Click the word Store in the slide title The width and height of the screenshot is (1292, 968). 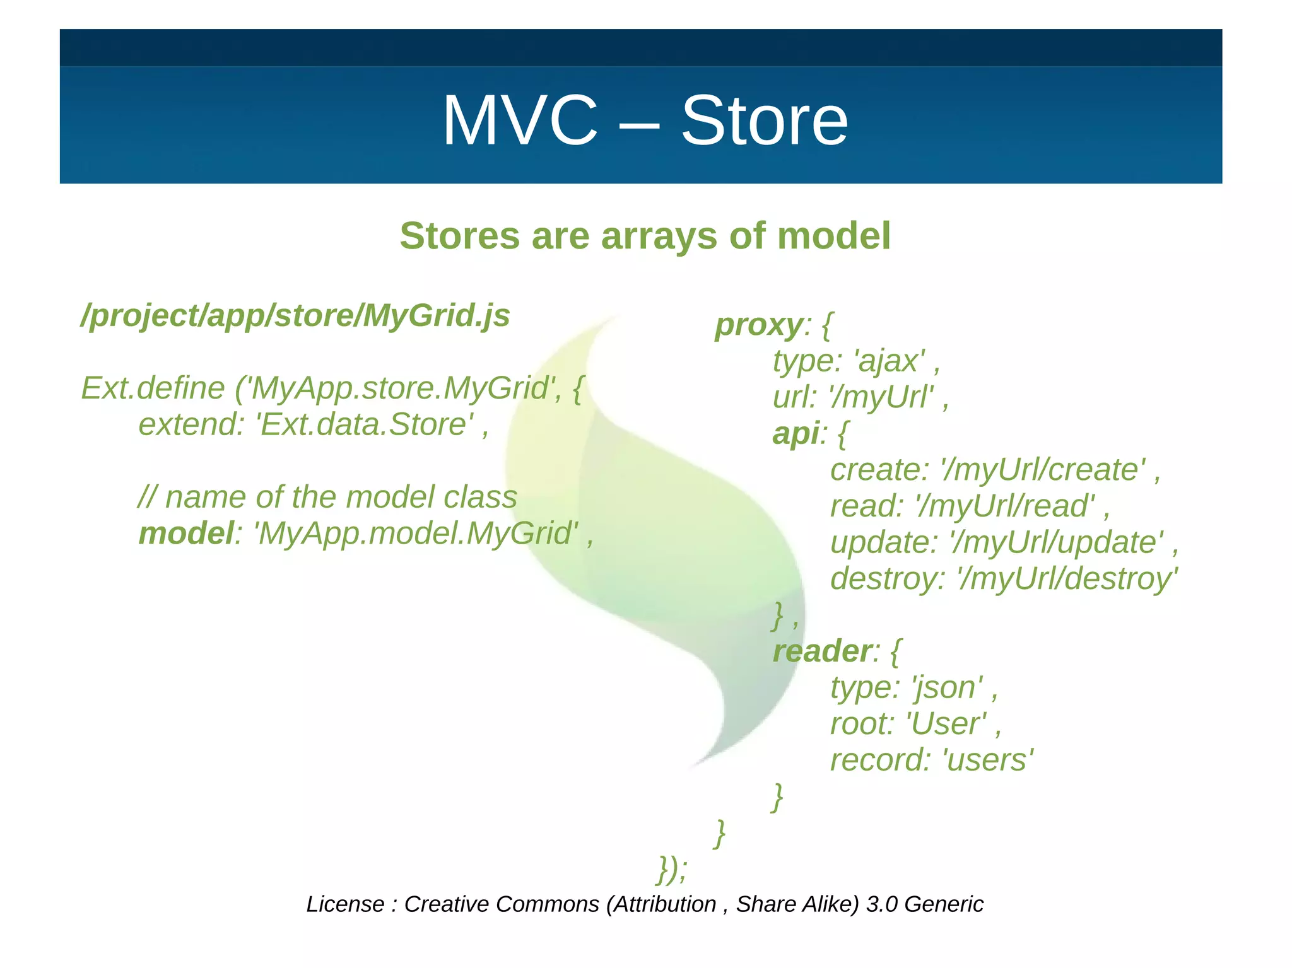[764, 121]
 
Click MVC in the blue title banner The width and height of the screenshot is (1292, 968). [520, 121]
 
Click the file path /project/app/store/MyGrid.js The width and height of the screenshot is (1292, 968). [295, 315]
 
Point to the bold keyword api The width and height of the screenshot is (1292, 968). [795, 434]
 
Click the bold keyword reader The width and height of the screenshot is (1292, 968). [822, 651]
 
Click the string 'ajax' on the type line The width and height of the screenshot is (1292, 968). [889, 361]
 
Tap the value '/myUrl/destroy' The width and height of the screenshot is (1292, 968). [1067, 579]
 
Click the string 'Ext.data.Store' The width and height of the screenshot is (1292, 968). [364, 424]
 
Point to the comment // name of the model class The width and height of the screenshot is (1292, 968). [327, 498]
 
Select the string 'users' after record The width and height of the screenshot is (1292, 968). [987, 760]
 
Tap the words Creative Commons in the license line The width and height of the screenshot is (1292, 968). [501, 904]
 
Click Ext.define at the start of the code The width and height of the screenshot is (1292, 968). [153, 388]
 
